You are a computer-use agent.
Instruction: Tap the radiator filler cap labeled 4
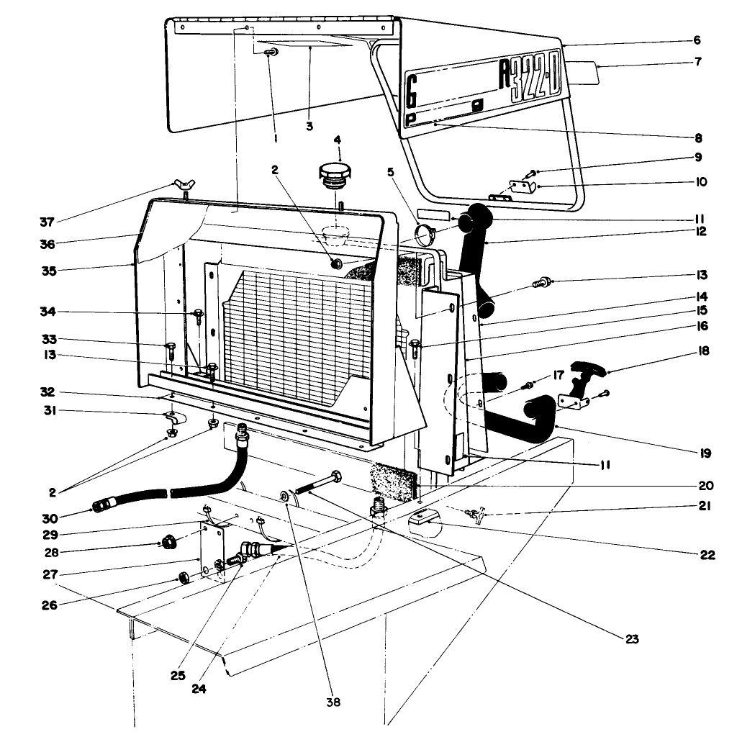(x=333, y=175)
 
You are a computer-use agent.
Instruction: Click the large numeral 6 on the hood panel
(x=412, y=91)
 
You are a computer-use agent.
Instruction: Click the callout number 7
(x=697, y=63)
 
